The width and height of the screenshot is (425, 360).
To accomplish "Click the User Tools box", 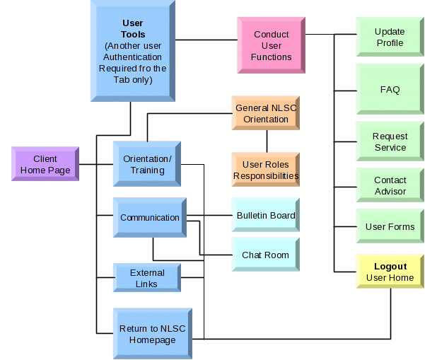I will point(132,51).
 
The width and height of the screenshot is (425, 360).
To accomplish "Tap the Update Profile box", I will point(390,37).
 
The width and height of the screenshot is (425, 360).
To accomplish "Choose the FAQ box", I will point(390,90).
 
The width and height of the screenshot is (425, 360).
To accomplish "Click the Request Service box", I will point(390,142).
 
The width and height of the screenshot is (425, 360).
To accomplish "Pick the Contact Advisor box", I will point(390,186).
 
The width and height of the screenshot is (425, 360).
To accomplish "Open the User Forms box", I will point(390,227).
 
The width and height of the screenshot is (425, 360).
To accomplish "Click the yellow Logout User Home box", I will point(390,272).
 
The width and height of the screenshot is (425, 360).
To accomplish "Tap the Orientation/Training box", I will point(147,164).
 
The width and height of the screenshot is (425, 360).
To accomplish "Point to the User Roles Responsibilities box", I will point(266,170).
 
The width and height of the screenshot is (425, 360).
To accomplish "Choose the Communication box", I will point(149,218).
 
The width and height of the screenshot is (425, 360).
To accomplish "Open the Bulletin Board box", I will point(266,215).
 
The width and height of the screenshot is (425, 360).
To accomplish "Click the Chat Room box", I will point(266,255).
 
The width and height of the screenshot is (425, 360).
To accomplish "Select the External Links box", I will point(147,278).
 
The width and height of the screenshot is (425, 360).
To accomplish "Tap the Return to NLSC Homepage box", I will point(152,334).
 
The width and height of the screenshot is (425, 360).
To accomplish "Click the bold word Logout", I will point(390,267).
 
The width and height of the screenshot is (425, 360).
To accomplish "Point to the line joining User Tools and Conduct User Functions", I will point(205,40).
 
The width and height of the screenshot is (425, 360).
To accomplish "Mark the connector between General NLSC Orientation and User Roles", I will point(266,141).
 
